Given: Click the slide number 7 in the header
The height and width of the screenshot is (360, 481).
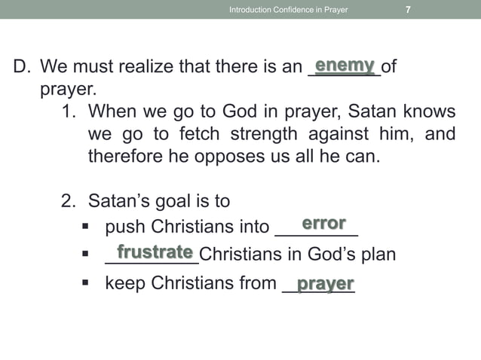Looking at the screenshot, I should point(408,10).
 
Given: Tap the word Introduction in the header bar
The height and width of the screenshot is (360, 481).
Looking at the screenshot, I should point(252,10).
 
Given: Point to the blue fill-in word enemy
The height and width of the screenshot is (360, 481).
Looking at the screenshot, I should point(345,66).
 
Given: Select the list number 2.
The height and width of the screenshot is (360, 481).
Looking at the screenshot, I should point(68,202).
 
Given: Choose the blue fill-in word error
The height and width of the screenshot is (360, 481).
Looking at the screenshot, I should point(323,224).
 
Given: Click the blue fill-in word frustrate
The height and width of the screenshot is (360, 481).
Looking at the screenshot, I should point(155,252).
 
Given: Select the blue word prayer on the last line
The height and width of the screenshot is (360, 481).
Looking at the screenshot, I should point(326,283).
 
